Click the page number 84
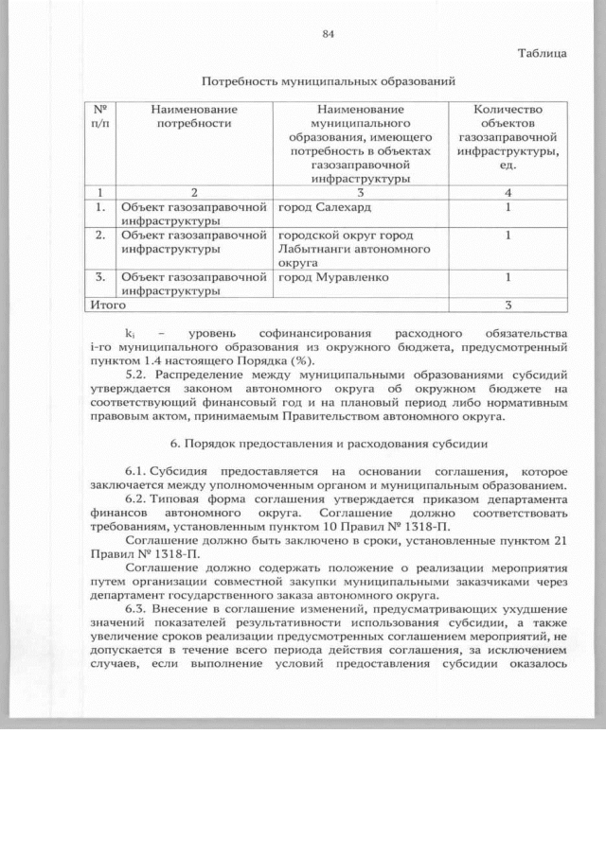329,34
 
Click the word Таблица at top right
542,53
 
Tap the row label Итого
105,305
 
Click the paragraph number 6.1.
136,471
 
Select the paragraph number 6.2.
136,498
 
